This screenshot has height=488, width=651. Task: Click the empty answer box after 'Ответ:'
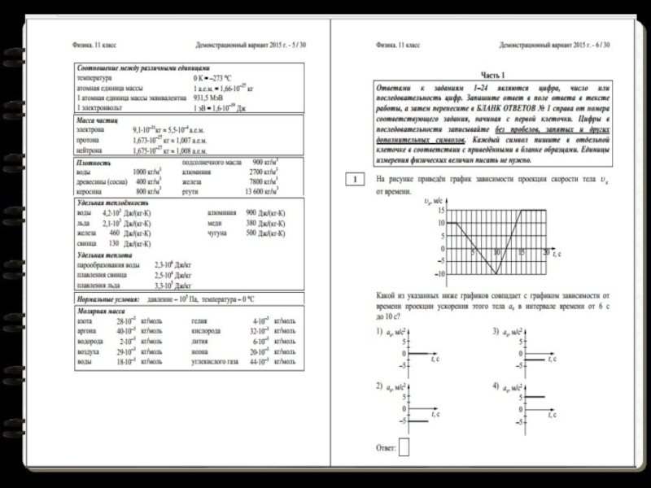click(404, 447)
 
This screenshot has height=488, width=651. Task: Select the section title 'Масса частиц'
click(97, 120)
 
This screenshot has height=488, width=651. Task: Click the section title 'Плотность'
click(91, 163)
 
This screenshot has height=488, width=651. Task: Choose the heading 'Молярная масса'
click(98, 311)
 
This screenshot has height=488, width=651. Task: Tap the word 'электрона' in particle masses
click(90, 129)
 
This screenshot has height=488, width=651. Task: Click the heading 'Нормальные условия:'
click(107, 300)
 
